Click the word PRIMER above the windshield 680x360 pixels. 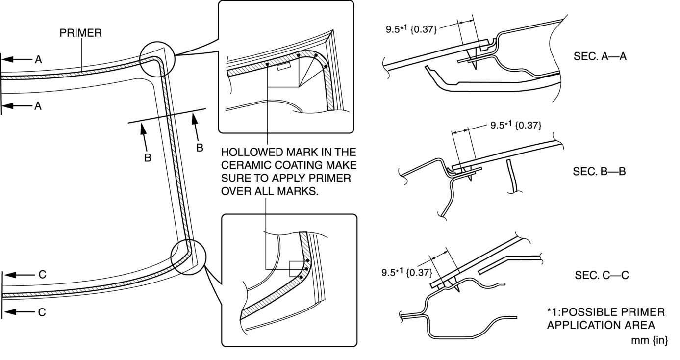[x=81, y=33]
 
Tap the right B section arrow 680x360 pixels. [x=196, y=130]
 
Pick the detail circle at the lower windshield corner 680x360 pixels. [x=188, y=255]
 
